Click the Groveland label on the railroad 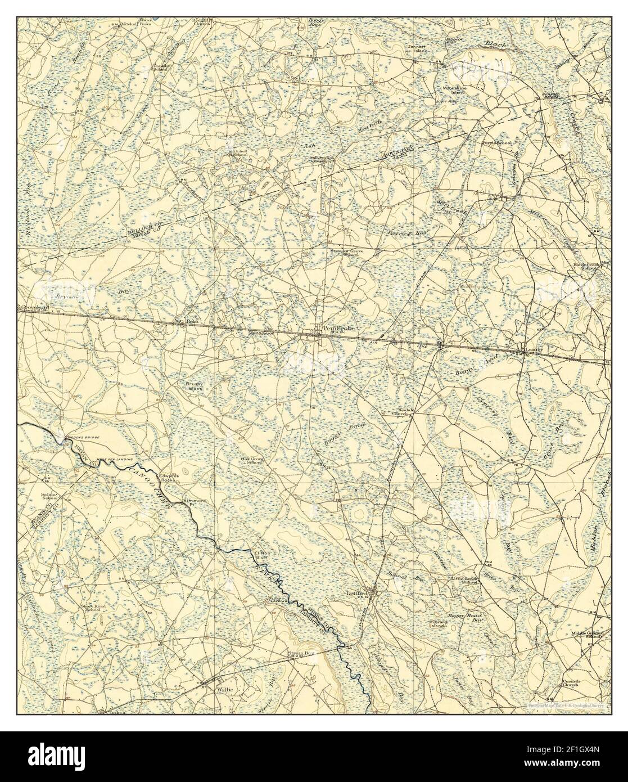tap(33, 308)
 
